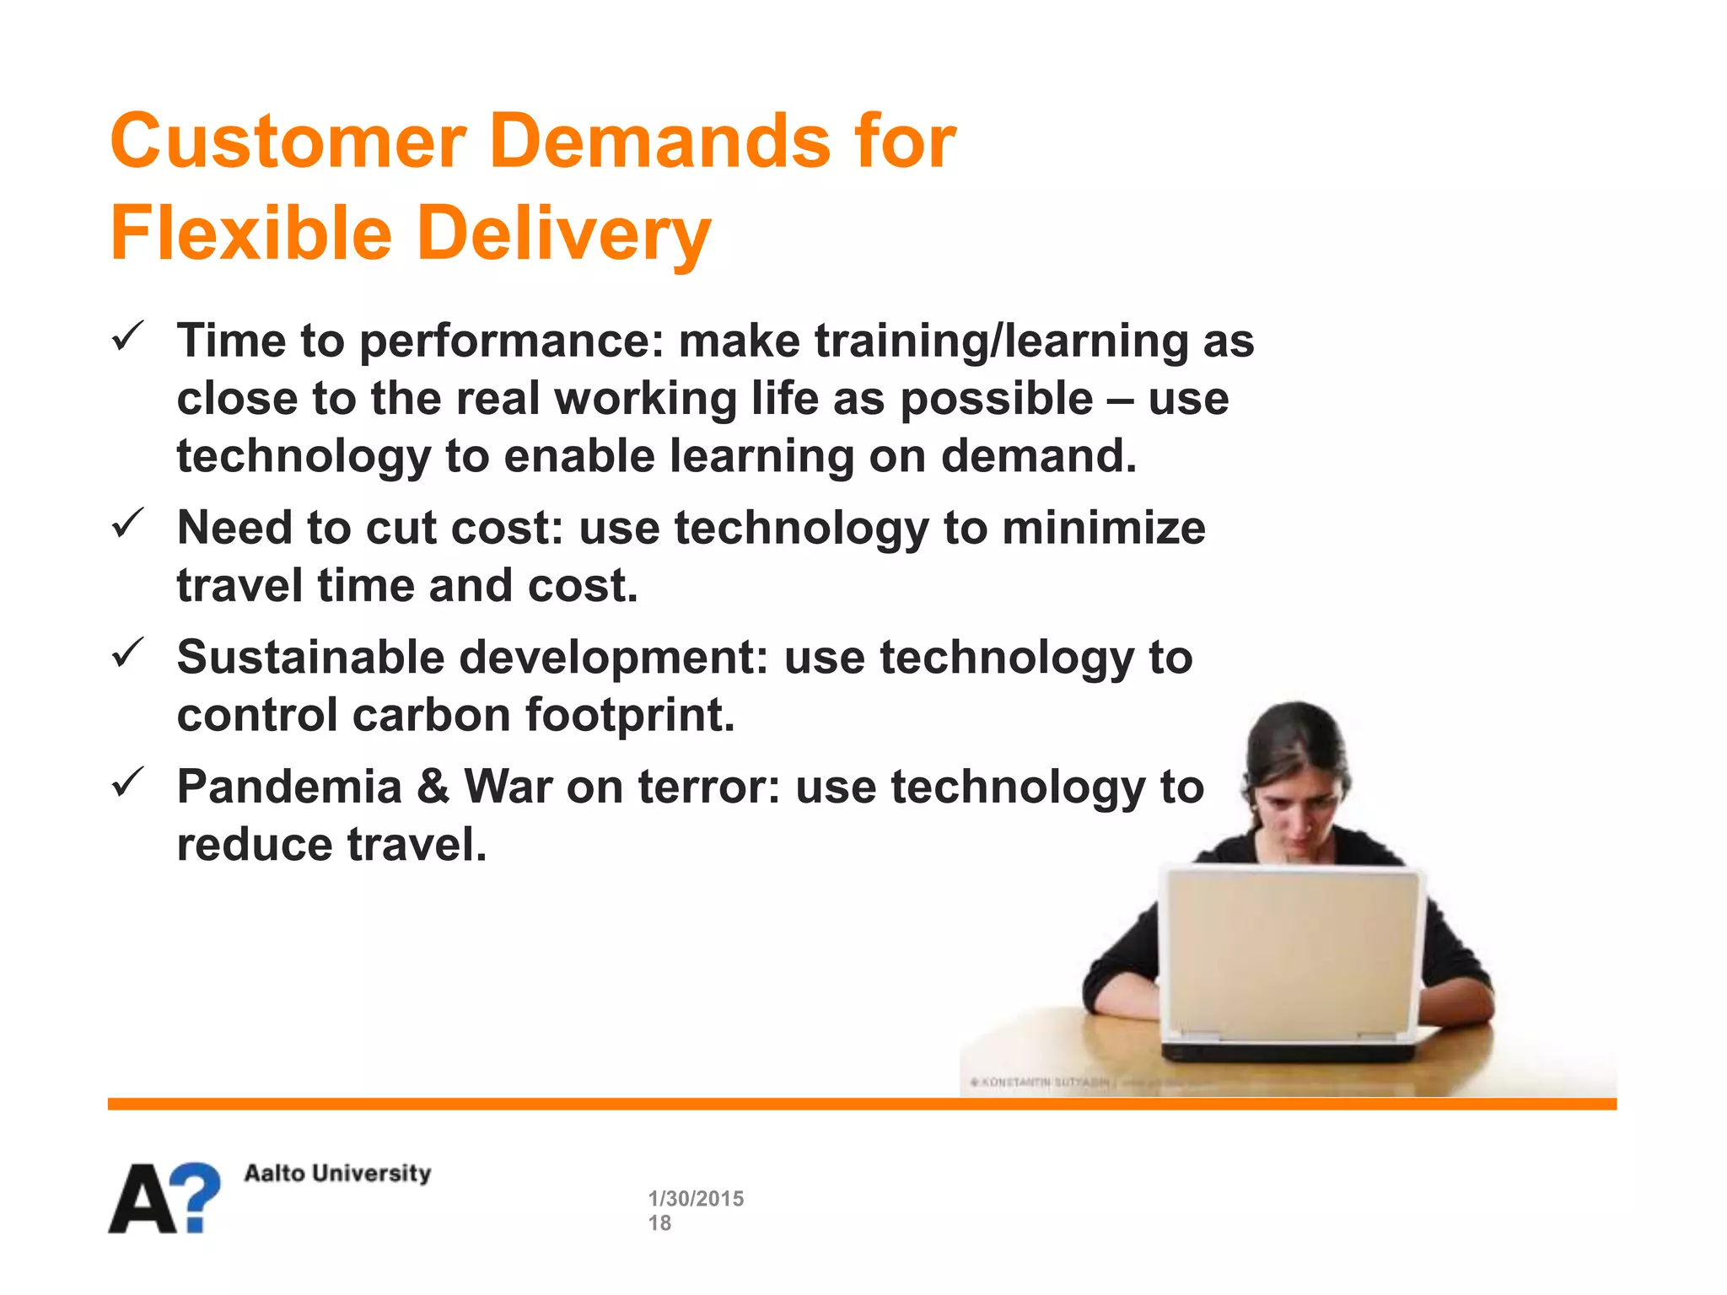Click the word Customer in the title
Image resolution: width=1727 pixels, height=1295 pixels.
288,142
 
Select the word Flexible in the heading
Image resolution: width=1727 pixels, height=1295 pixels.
251,234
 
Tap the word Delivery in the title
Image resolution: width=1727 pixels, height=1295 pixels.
563,234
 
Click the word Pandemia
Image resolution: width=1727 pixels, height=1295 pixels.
289,787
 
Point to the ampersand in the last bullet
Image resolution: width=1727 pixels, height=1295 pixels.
433,787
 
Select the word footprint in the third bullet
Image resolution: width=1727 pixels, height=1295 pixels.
630,715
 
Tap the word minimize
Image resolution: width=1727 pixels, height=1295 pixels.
1104,529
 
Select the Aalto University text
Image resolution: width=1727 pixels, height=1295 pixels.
337,1173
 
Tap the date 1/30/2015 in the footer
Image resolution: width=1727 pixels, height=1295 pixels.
696,1198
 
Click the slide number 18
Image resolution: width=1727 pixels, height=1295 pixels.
659,1223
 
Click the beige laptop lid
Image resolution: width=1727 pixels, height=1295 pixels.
1290,957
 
